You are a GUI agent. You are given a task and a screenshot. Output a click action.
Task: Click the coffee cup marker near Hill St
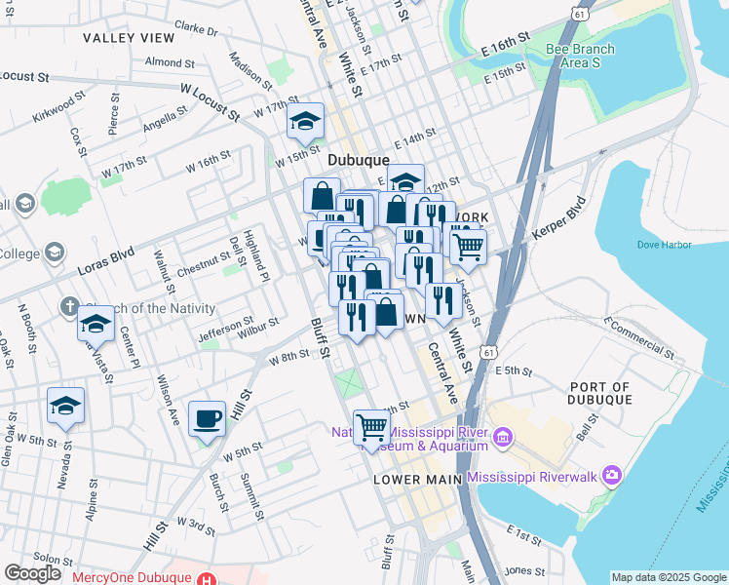207,419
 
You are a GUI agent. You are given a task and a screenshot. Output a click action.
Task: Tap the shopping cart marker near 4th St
371,427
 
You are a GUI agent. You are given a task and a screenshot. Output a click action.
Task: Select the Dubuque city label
359,160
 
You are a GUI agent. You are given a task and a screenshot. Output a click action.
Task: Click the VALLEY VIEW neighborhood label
129,38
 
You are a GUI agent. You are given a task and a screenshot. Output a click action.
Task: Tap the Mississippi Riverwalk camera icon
612,477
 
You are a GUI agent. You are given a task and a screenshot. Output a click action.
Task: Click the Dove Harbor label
664,244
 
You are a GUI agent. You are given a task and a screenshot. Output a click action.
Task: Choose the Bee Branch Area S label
580,56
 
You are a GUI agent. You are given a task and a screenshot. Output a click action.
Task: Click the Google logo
32,573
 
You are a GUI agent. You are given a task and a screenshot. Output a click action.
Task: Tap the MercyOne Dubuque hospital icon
206,577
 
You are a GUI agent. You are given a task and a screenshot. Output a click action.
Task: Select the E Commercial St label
640,334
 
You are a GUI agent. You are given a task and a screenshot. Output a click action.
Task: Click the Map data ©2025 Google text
668,577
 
